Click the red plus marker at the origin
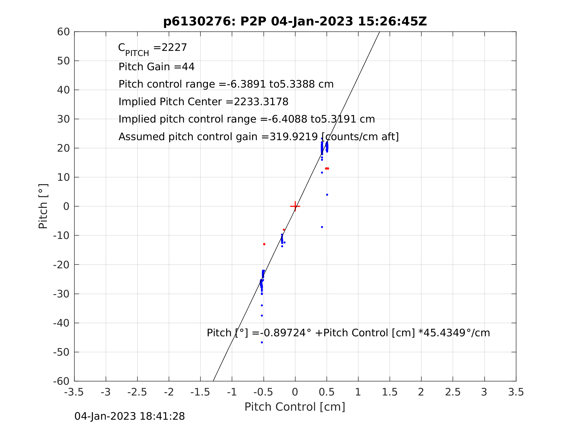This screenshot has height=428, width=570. point(295,206)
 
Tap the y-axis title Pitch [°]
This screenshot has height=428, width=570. point(43,206)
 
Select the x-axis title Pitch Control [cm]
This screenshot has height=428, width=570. point(295,407)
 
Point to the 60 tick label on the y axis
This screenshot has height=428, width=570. point(63,32)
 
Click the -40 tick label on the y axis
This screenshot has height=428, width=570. point(61,323)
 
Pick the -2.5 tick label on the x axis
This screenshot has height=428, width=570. point(137,392)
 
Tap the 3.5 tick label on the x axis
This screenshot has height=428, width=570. point(516,392)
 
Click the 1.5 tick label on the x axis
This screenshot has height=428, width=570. point(390,392)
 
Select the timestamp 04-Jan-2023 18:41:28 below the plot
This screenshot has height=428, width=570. point(130,417)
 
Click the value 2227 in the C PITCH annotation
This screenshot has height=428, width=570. point(174,48)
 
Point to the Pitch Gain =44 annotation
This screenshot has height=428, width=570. point(156,67)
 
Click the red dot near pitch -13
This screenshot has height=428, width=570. point(264,244)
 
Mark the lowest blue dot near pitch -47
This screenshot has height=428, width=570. point(262,342)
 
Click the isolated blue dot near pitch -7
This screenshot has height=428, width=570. point(322,227)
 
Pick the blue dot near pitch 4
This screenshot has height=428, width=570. point(327,195)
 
